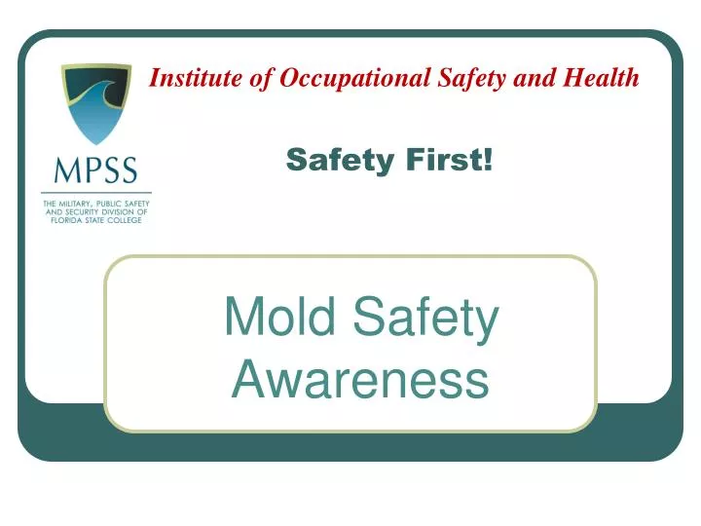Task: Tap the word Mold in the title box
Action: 277,319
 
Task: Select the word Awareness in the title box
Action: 359,379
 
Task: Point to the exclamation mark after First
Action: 487,160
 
